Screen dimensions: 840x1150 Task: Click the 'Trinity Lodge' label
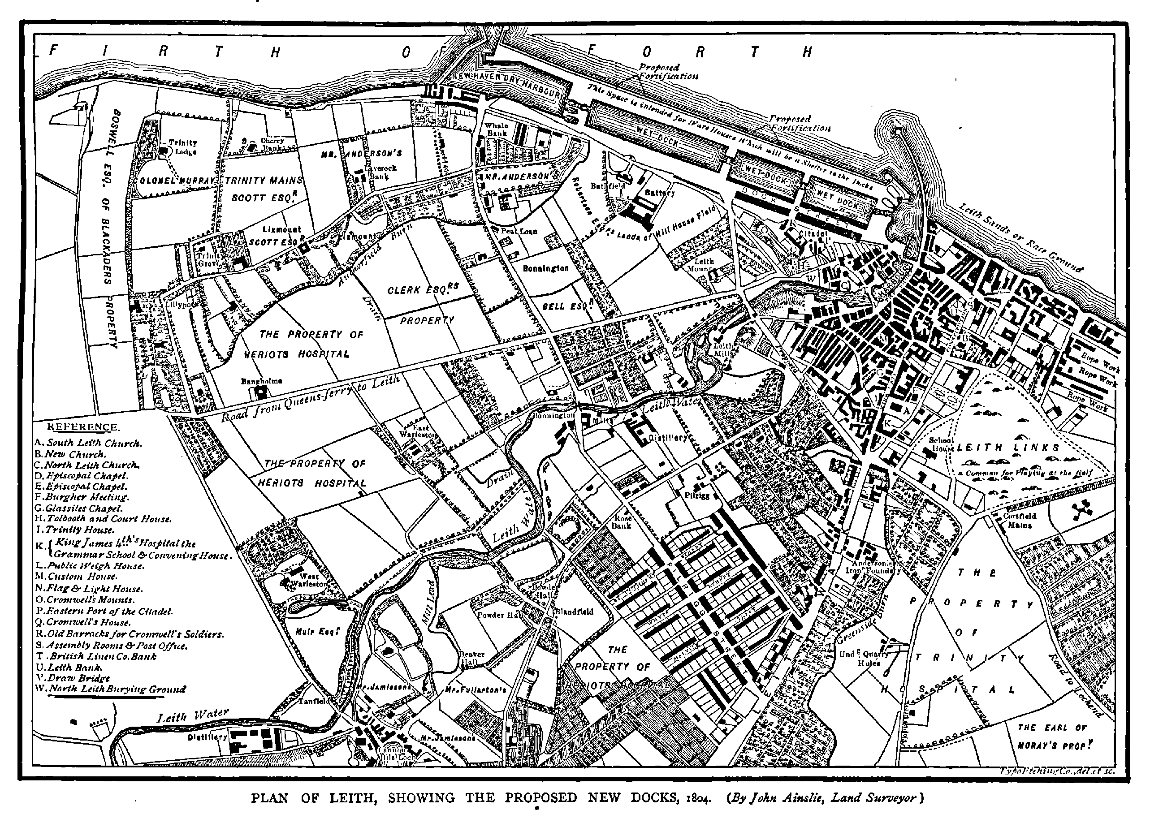182,147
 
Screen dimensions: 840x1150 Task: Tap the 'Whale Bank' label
497,129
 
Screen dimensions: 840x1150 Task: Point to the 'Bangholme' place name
261,381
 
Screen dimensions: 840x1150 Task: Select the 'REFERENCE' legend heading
83,427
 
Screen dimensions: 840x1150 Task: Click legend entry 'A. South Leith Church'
88,443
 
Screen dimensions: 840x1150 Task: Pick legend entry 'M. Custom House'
76,576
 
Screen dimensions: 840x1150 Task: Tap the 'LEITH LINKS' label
1008,448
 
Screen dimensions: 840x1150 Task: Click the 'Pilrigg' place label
696,495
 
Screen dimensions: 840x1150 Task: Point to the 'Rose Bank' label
622,521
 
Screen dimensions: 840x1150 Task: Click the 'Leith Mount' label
704,265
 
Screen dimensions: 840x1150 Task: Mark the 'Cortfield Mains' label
1019,520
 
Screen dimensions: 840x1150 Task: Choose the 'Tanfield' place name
314,701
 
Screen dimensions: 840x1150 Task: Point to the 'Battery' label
660,193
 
